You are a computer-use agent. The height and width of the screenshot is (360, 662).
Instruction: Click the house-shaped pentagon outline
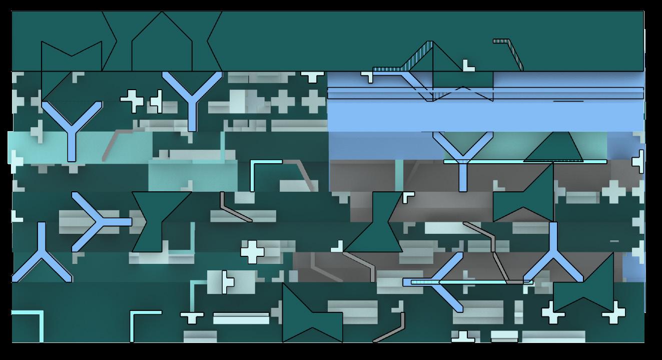click(162, 45)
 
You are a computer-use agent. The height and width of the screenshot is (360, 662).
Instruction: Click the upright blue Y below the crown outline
click(72, 128)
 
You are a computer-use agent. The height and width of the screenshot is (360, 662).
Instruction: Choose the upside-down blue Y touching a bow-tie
click(553, 255)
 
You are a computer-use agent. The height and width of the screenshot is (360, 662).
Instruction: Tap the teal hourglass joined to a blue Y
click(161, 221)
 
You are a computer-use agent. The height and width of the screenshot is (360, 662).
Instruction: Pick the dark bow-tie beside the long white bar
click(312, 313)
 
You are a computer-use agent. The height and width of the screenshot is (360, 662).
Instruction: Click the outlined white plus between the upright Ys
click(132, 101)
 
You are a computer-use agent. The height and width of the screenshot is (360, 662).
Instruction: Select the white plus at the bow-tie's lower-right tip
click(613, 314)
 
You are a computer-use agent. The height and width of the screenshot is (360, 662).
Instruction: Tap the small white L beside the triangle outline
click(468, 65)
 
